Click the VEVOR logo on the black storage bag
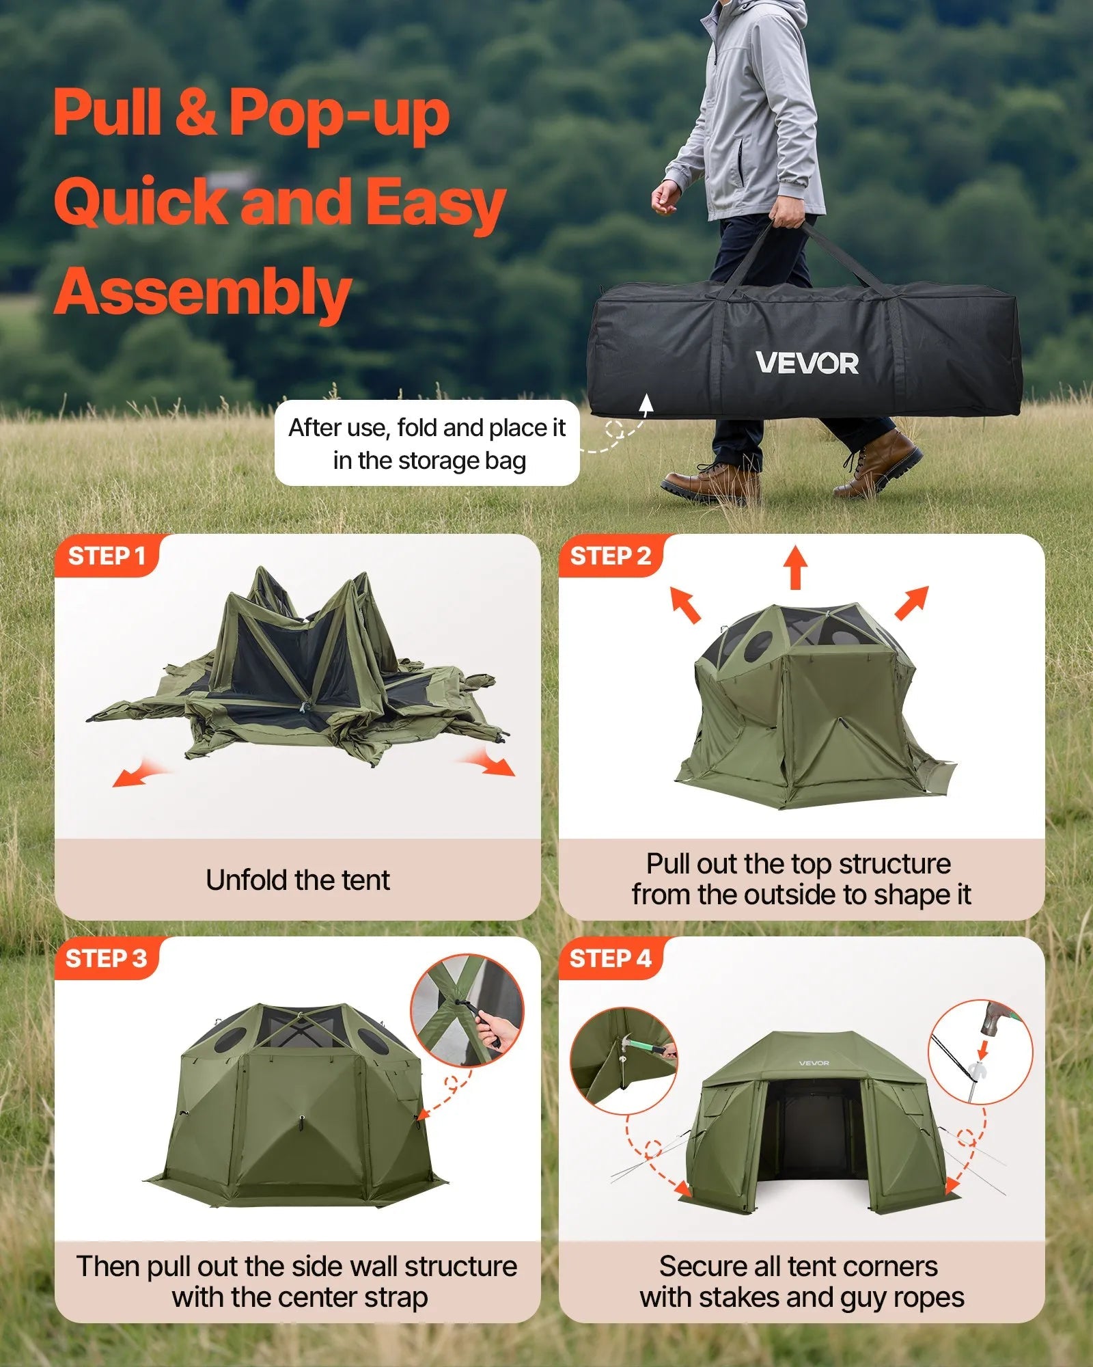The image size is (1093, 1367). pos(807,363)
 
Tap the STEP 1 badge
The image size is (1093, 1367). pos(107,556)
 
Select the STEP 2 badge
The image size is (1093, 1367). pos(610,556)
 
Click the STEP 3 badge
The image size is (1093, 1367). pos(107,958)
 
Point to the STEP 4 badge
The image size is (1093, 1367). pos(610,958)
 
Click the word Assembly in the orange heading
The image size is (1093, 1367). pos(202,293)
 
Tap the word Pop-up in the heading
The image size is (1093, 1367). pos(339,113)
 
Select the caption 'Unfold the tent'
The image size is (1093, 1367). pos(298,880)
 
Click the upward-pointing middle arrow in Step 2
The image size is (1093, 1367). pos(795,567)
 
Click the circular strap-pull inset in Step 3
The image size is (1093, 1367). pos(467,1010)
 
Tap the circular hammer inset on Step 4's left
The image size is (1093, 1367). pos(624,1060)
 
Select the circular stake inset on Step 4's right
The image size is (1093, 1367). pos(980,1051)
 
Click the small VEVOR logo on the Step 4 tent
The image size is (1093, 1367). pos(814,1063)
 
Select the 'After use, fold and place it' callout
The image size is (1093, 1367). pos(427,444)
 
